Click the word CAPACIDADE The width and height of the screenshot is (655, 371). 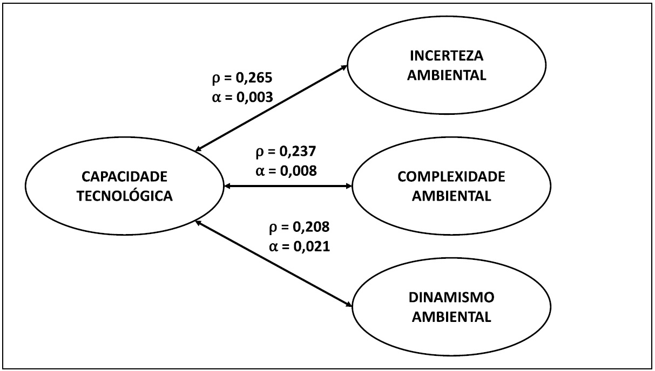125,177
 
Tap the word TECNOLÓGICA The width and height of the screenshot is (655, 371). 125,196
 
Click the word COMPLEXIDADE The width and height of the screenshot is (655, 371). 451,177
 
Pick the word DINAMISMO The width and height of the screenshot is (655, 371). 451,298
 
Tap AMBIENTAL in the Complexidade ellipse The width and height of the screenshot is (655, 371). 451,196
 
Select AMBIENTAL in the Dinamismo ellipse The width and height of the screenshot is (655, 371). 451,317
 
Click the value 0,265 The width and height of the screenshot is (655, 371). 256,78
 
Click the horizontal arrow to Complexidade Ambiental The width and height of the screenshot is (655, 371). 287,187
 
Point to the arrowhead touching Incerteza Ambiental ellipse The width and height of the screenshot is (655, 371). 344,67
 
